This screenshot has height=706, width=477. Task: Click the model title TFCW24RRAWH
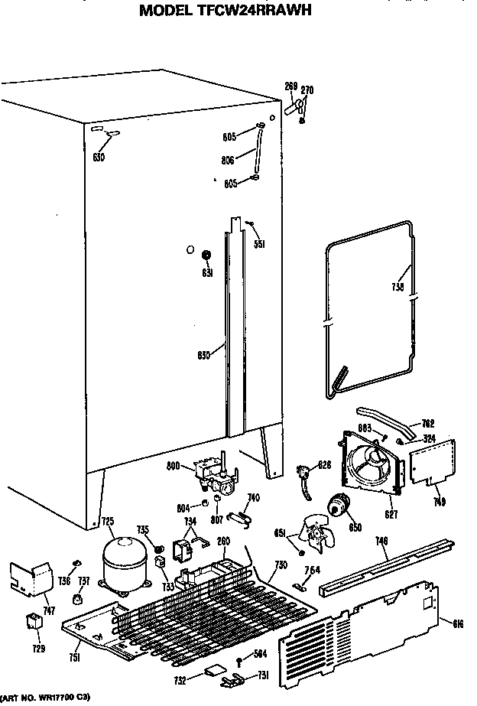[x=226, y=11]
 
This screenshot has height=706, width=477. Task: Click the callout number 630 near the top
[x=98, y=157]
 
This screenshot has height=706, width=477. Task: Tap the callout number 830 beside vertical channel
[x=204, y=355]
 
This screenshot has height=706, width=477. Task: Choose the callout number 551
[x=259, y=244]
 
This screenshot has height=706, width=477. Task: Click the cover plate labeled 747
[x=29, y=579]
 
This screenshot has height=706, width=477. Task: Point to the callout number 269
[x=290, y=86]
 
